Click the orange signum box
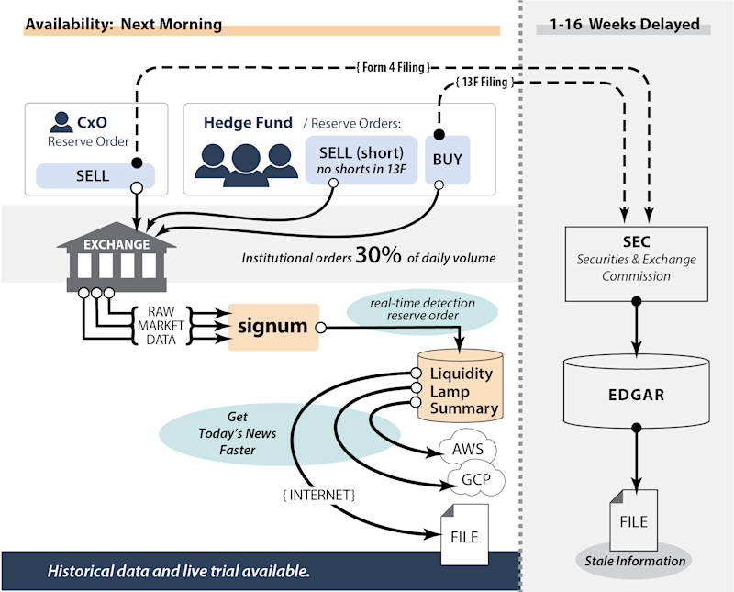coord(272,326)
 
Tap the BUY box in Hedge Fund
coord(448,159)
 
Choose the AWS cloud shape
coord(467,451)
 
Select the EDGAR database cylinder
coord(635,396)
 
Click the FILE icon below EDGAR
coord(634,520)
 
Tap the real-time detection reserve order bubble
coord(421,310)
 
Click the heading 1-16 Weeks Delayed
coord(625,25)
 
